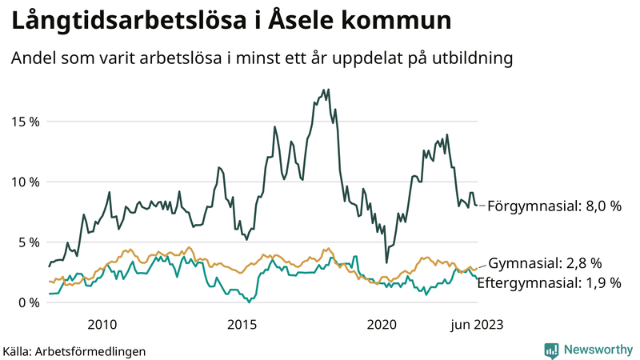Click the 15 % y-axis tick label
[x=24, y=122]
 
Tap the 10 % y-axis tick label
[x=24, y=182]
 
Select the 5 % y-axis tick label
[x=27, y=242]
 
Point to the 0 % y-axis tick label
[x=27, y=302]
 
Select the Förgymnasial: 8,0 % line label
[x=554, y=206]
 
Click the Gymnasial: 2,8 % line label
[x=545, y=263]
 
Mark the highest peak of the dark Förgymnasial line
[x=325, y=90]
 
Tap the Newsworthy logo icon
[x=551, y=350]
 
